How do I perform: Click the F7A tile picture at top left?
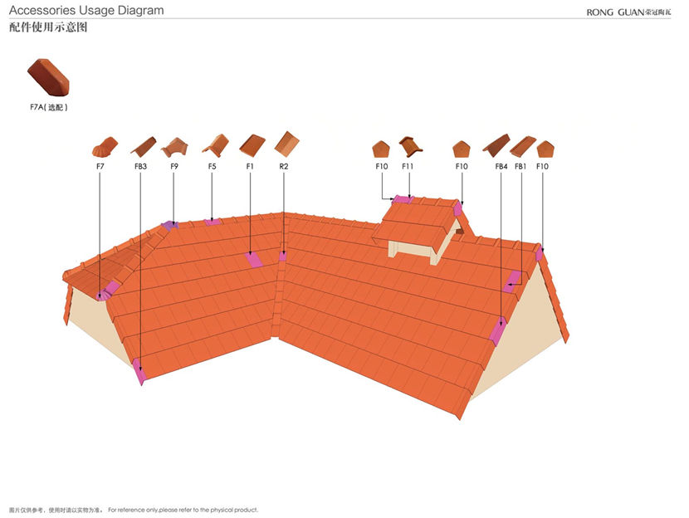(48, 77)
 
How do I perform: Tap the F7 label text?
(100, 167)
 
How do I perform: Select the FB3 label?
(140, 167)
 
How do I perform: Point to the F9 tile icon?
(174, 147)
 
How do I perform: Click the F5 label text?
(213, 167)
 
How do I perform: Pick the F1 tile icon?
(252, 145)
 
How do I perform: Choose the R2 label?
(284, 167)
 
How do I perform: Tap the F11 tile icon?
(411, 146)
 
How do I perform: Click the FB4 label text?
(501, 167)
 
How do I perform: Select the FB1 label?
(520, 167)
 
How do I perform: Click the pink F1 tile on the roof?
(254, 260)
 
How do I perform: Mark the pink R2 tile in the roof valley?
(283, 256)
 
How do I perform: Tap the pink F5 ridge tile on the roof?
(213, 222)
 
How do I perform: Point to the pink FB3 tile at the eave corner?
(139, 371)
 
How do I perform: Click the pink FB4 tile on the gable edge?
(498, 331)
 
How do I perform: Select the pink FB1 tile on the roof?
(512, 281)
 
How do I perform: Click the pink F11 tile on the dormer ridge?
(403, 199)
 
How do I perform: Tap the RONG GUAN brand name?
(628, 12)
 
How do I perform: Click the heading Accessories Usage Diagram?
(86, 11)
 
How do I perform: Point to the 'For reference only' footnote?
(183, 510)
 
